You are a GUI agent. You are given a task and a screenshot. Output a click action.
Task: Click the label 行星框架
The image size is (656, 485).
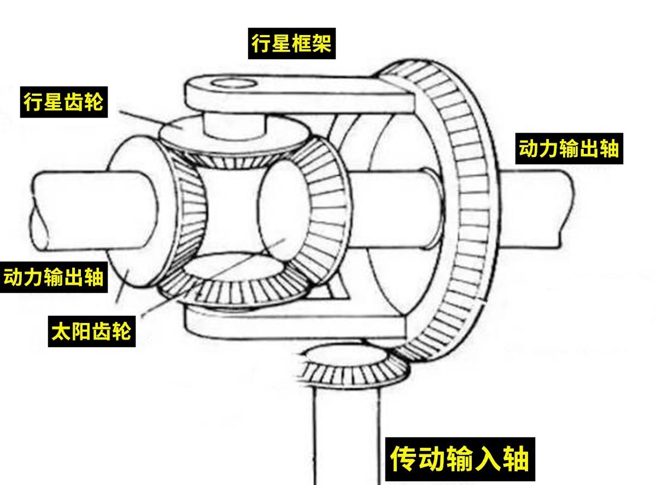(291, 43)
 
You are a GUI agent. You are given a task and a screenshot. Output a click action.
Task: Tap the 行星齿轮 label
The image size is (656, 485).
(63, 102)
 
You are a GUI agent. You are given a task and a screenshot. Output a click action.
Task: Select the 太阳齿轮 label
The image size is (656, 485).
(91, 330)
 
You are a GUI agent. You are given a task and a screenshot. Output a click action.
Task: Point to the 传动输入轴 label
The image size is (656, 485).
(460, 459)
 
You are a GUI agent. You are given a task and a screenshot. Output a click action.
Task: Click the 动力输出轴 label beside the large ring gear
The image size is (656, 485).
(569, 148)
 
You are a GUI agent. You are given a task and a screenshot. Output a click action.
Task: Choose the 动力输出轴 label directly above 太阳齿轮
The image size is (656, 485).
(53, 276)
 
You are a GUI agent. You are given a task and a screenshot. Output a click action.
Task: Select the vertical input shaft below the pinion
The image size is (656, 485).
(347, 432)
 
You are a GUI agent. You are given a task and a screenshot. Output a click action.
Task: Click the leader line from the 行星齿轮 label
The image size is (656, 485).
(142, 119)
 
